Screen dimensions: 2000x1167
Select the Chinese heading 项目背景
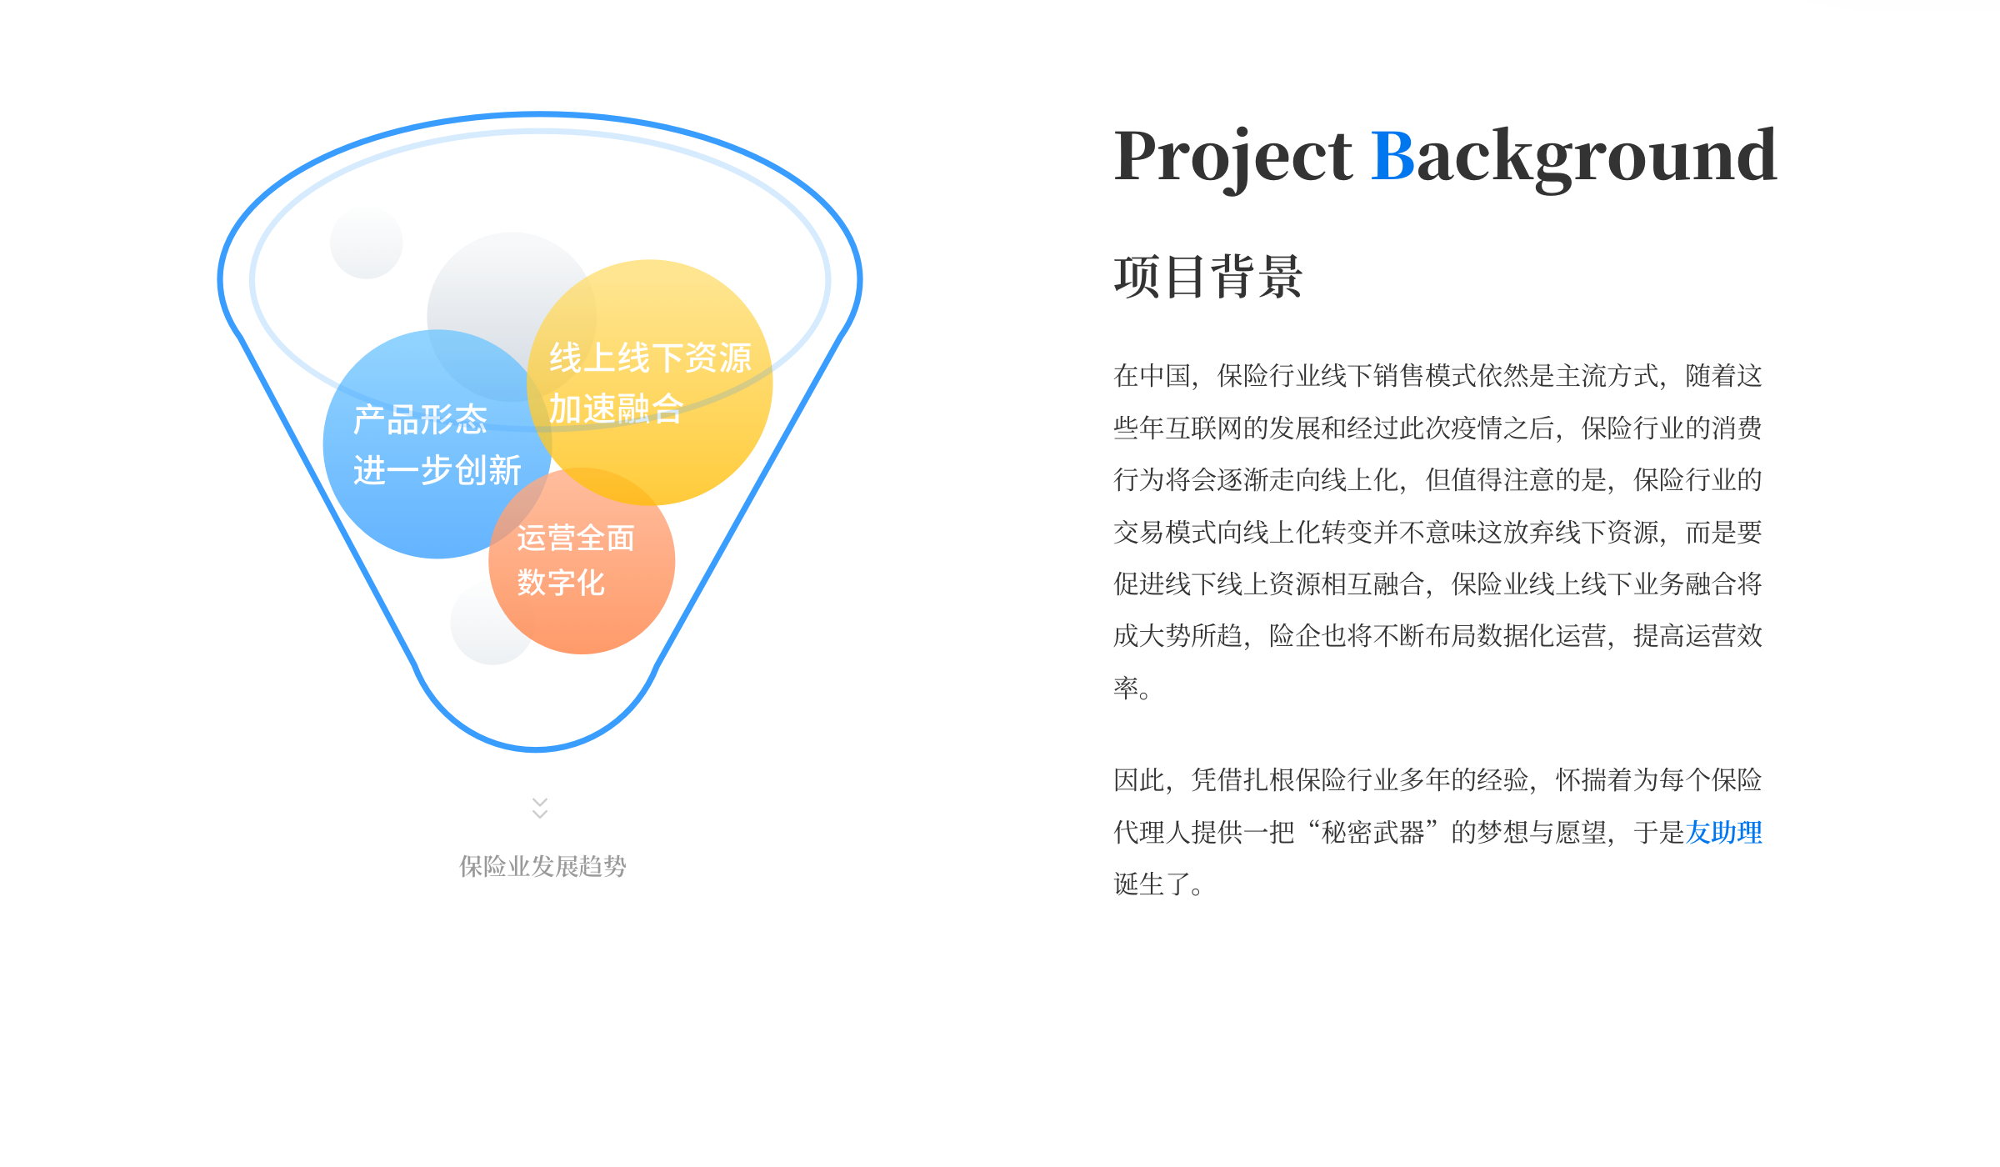[1208, 276]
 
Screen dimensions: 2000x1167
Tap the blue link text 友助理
[1723, 832]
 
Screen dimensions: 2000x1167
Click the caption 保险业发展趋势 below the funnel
[542, 866]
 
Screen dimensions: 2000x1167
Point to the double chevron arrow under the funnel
[540, 808]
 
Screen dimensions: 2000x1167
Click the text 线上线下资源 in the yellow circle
[650, 358]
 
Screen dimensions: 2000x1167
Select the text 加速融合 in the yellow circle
[616, 408]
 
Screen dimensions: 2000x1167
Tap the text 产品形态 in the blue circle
[420, 419]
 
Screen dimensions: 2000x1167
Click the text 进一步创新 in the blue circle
[437, 470]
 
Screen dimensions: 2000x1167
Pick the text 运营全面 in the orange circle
[576, 538]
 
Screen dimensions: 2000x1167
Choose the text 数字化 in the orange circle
[561, 583]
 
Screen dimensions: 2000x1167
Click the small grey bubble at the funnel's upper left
[367, 243]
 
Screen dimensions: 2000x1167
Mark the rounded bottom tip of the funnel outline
[537, 749]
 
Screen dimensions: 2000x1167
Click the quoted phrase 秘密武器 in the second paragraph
[1373, 832]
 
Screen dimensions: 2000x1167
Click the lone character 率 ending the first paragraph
[1127, 688]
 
